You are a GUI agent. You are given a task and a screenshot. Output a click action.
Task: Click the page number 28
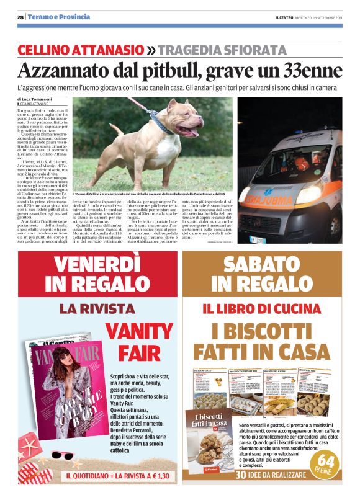point(20,17)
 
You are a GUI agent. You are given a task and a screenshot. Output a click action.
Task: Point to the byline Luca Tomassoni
point(37,99)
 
